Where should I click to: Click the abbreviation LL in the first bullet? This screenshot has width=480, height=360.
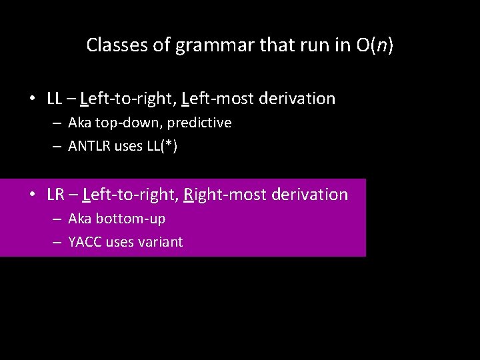point(55,99)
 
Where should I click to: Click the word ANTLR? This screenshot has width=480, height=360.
point(89,147)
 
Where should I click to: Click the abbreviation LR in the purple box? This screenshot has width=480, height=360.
point(56,195)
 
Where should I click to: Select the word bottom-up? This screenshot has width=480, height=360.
point(131,219)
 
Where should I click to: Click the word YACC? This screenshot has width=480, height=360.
point(85,242)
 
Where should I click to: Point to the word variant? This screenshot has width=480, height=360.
point(160,242)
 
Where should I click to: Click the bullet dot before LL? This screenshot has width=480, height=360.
point(32,99)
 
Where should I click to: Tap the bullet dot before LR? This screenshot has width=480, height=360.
point(32,195)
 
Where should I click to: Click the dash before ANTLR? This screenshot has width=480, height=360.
point(58,147)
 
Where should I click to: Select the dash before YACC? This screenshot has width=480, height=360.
point(58,242)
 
